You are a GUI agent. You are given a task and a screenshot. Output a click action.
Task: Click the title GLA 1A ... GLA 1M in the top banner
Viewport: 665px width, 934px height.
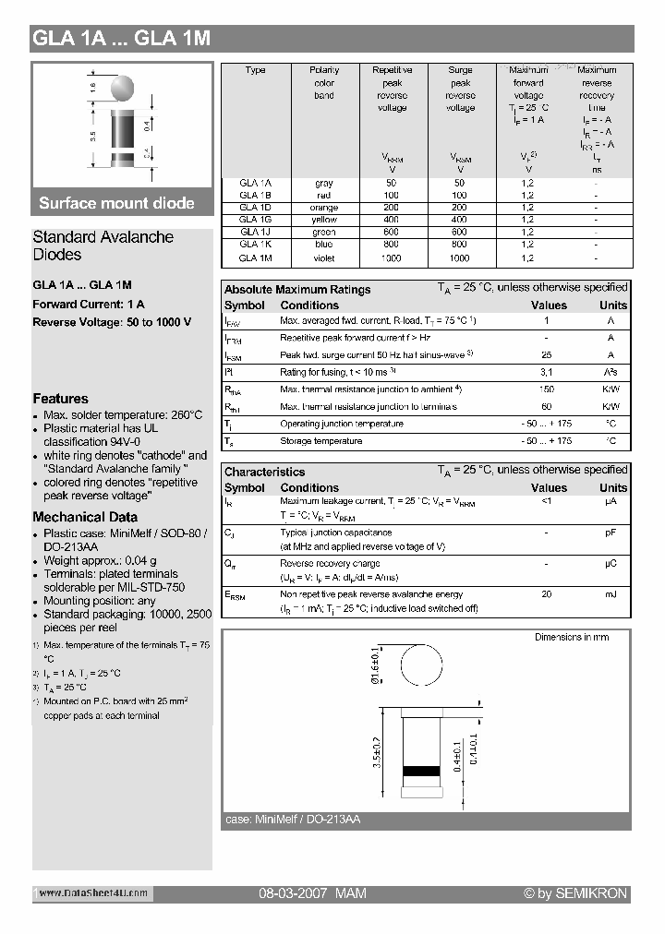pos(122,39)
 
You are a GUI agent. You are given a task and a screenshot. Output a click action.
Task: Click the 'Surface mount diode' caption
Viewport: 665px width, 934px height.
pos(116,203)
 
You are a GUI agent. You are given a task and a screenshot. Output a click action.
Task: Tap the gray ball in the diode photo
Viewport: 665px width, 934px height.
pos(123,88)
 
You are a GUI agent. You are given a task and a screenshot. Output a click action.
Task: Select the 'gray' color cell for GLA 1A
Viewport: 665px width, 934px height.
pos(324,184)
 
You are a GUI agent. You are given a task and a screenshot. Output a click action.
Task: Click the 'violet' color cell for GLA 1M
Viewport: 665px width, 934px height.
pos(324,258)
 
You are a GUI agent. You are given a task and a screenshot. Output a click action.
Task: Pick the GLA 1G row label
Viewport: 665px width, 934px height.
pos(255,221)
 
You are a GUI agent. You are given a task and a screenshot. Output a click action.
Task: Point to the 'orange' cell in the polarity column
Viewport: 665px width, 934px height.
pos(324,208)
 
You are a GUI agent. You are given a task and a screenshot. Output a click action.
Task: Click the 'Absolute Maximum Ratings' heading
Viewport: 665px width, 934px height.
pos(297,289)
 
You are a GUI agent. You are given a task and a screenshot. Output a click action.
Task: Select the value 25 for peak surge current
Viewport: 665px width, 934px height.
pos(547,355)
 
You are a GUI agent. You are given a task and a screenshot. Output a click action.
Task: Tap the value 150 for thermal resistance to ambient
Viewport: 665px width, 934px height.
pos(547,389)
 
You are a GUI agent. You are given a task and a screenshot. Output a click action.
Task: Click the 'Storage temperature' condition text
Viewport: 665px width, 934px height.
pos(320,441)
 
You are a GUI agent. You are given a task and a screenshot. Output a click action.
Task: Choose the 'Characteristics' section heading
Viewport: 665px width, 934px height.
pos(264,472)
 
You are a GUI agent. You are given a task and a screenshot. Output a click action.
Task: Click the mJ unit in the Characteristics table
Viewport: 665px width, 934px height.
pos(611,594)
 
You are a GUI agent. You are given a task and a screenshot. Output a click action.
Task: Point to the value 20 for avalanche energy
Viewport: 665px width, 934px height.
pos(547,594)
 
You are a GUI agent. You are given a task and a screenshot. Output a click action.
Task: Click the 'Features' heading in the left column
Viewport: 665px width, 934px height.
pos(60,399)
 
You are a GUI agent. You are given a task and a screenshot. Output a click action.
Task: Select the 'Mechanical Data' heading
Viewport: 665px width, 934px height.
pos(85,517)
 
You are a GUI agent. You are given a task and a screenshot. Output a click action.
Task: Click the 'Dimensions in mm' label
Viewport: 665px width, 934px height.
pos(572,638)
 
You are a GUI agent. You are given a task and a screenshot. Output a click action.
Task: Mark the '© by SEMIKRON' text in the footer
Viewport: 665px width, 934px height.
pos(574,893)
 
